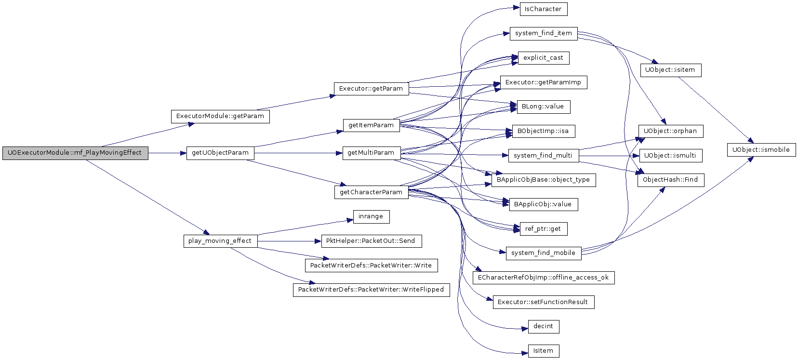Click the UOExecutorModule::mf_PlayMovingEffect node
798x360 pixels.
point(75,153)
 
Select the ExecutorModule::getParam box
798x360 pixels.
point(220,117)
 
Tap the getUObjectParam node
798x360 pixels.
point(220,153)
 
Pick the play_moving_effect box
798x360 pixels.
point(220,241)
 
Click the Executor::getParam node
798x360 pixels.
point(371,89)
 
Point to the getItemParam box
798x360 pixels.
point(371,125)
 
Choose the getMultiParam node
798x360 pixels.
point(371,153)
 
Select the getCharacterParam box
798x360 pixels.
point(371,192)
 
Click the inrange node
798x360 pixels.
point(371,217)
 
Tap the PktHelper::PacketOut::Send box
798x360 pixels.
point(371,241)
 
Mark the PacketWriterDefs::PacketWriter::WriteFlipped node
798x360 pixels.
point(371,290)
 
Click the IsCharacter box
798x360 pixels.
point(543,9)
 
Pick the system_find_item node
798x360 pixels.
point(543,34)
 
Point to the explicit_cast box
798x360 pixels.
point(543,58)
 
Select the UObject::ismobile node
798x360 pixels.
point(761,150)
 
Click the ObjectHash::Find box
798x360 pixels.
point(670,180)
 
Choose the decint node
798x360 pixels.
point(543,326)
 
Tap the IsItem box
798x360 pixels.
point(543,351)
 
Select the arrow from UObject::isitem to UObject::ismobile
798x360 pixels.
point(716,110)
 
